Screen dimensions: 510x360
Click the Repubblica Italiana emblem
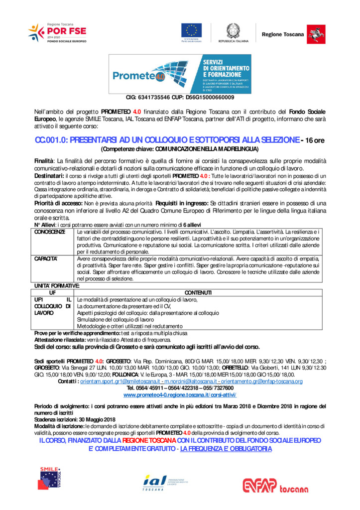pyautogui.click(x=233, y=31)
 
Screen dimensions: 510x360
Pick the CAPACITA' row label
pyautogui.click(x=46, y=259)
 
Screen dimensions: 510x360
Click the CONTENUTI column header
pyautogui.click(x=198, y=292)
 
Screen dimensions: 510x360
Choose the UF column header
pyautogui.click(x=52, y=292)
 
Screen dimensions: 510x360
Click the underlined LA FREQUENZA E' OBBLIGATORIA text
pyautogui.click(x=226, y=449)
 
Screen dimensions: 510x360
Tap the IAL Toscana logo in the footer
pyautogui.click(x=158, y=482)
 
